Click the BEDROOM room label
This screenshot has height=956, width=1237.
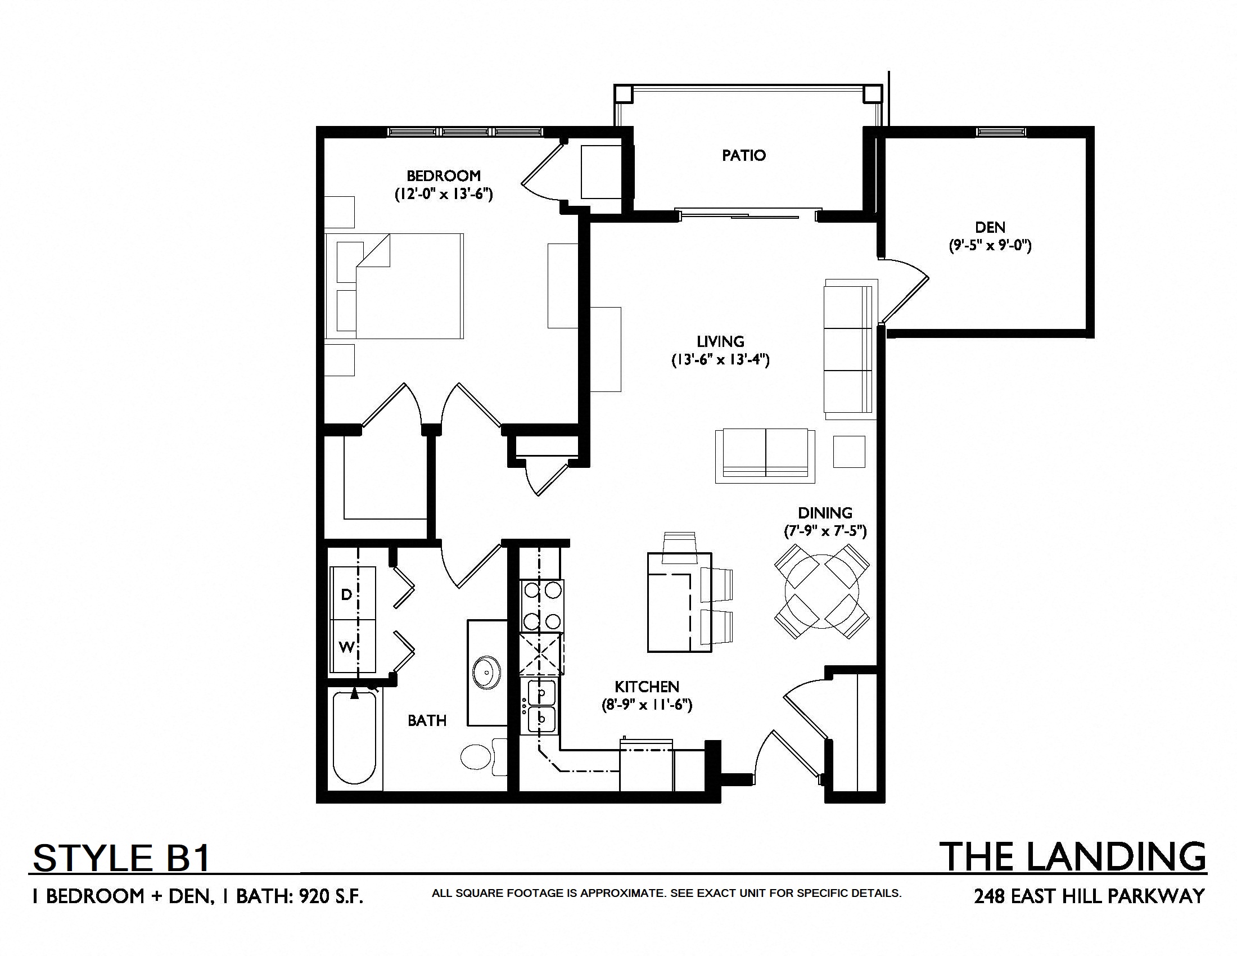tap(444, 175)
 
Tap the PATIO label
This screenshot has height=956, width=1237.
tap(744, 155)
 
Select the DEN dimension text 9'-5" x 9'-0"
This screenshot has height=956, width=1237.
tap(990, 246)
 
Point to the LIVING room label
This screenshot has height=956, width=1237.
tap(720, 341)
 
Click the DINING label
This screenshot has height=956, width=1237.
tap(825, 513)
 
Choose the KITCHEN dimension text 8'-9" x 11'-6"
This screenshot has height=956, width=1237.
tap(647, 705)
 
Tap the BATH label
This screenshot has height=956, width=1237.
tap(427, 720)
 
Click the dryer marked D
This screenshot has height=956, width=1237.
tap(353, 593)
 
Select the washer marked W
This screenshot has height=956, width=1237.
tap(353, 646)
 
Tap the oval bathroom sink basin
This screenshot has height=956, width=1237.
tap(486, 672)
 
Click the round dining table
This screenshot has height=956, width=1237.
tap(822, 592)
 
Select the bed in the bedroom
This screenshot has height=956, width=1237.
tap(394, 286)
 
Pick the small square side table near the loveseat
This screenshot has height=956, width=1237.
tap(849, 452)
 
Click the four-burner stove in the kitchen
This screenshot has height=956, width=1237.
tap(542, 606)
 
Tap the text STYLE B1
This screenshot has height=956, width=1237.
tap(122, 858)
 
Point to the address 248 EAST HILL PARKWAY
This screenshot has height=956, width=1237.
tap(1089, 896)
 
